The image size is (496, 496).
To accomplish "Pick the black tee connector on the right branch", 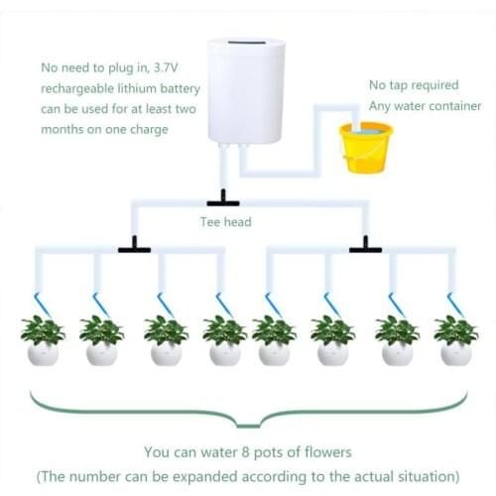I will [365, 245].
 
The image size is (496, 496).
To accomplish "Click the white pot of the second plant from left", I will [101, 353].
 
